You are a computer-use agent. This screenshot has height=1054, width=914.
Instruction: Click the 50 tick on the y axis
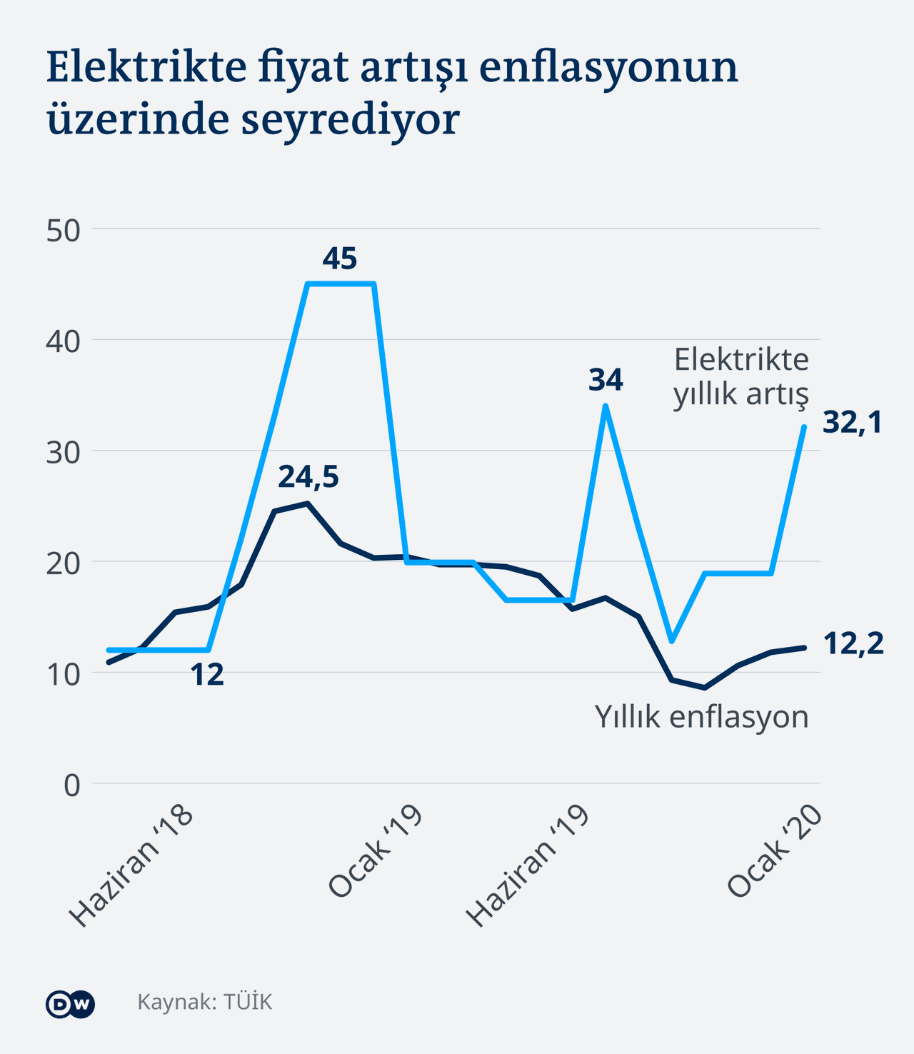click(x=63, y=231)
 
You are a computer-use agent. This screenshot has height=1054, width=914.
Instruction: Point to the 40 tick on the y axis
click(x=63, y=341)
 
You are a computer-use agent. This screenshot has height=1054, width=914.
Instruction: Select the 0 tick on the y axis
click(x=71, y=786)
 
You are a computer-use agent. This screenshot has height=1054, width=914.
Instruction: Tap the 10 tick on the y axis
click(x=63, y=674)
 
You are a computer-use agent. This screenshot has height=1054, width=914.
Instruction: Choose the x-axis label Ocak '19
click(x=376, y=850)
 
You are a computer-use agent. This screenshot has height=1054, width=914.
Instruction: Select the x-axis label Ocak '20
click(x=775, y=850)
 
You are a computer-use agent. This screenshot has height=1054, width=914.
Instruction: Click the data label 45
click(x=339, y=259)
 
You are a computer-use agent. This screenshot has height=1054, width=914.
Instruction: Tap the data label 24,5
click(x=308, y=477)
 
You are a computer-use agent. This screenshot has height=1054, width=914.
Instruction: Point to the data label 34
click(x=606, y=380)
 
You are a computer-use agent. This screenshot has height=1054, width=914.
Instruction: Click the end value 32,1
click(x=853, y=423)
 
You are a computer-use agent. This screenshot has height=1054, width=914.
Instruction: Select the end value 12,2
click(x=853, y=644)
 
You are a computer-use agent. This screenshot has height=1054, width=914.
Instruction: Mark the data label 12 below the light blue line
click(x=207, y=675)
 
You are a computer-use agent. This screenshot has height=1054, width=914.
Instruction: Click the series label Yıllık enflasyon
click(x=702, y=716)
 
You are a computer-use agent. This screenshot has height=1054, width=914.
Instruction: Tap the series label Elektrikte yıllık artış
click(x=741, y=376)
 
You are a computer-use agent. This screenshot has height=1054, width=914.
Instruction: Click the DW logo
click(x=70, y=1004)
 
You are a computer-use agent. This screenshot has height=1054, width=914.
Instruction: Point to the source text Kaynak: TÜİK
click(x=205, y=1002)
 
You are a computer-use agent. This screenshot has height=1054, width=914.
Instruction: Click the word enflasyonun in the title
click(x=608, y=68)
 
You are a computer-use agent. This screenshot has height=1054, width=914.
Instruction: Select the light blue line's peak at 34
click(x=606, y=406)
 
